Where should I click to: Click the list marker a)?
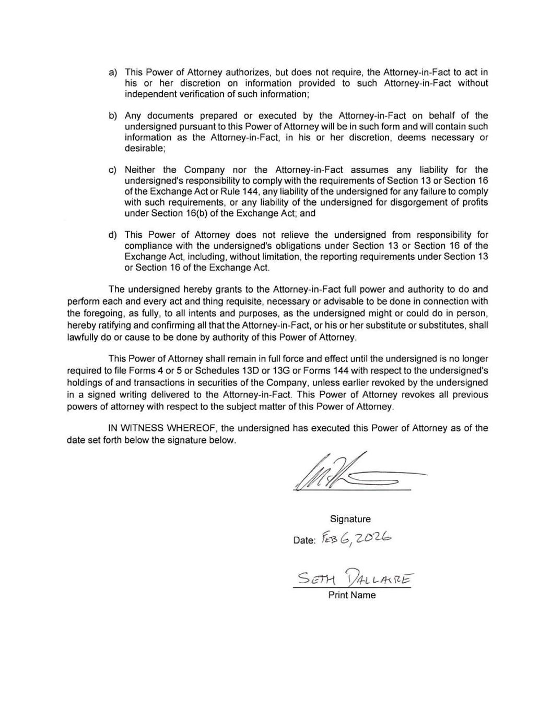coord(112,73)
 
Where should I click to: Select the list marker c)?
coord(112,170)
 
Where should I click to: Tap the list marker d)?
coord(112,235)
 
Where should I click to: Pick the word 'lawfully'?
coord(83,337)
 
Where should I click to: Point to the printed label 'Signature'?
coord(350,519)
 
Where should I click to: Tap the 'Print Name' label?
coord(351,595)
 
